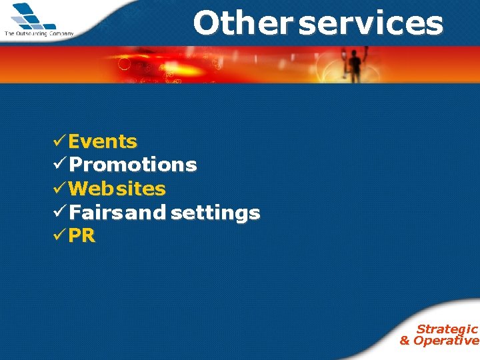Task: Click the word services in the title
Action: pyautogui.click(x=371, y=23)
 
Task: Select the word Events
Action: pyautogui.click(x=103, y=141)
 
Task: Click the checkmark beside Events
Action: pyautogui.click(x=59, y=141)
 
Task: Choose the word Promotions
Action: pyautogui.click(x=133, y=165)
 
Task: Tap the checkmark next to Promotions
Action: pyautogui.click(x=59, y=164)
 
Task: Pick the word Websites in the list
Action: pyautogui.click(x=117, y=189)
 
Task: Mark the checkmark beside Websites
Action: pyautogui.click(x=59, y=188)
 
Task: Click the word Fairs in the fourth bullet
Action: pyautogui.click(x=96, y=213)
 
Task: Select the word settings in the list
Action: pyautogui.click(x=215, y=213)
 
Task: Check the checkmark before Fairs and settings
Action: pyautogui.click(x=59, y=212)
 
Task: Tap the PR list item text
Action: pyautogui.click(x=82, y=236)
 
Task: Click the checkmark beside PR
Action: pyautogui.click(x=59, y=235)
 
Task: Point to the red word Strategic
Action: pyautogui.click(x=447, y=329)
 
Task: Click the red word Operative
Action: pyautogui.click(x=446, y=341)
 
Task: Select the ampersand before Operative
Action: pyautogui.click(x=405, y=341)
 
